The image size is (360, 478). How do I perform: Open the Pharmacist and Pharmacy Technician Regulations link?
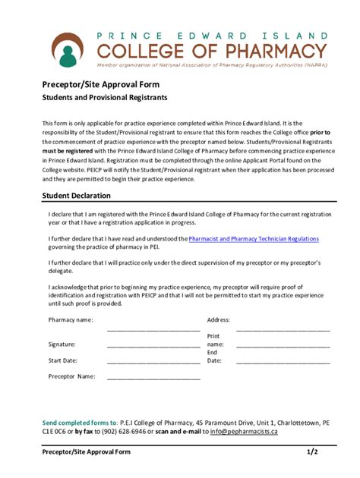click(x=254, y=238)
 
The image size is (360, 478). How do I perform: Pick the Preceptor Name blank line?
click(x=153, y=378)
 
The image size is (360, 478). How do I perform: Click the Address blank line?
click(x=283, y=330)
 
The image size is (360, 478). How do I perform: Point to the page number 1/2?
click(x=312, y=451)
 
